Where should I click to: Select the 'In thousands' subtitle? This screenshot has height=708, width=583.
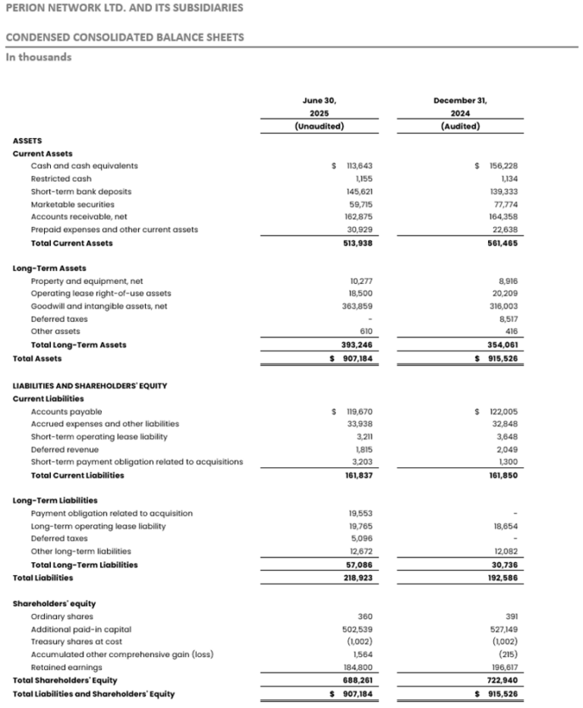point(39,57)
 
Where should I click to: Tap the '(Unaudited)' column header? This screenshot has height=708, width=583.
point(319,127)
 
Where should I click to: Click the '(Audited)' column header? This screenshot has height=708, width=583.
point(461,127)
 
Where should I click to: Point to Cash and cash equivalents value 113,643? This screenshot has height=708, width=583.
point(359,165)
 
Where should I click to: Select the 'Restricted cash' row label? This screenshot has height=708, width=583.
point(61,178)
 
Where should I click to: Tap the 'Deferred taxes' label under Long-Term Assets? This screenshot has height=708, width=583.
point(58,319)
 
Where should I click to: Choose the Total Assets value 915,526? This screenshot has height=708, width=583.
point(501,358)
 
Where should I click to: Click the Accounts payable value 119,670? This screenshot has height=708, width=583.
point(359,411)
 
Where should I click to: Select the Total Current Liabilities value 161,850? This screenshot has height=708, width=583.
point(502,476)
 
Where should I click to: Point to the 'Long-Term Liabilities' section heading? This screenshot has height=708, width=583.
point(55,501)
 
